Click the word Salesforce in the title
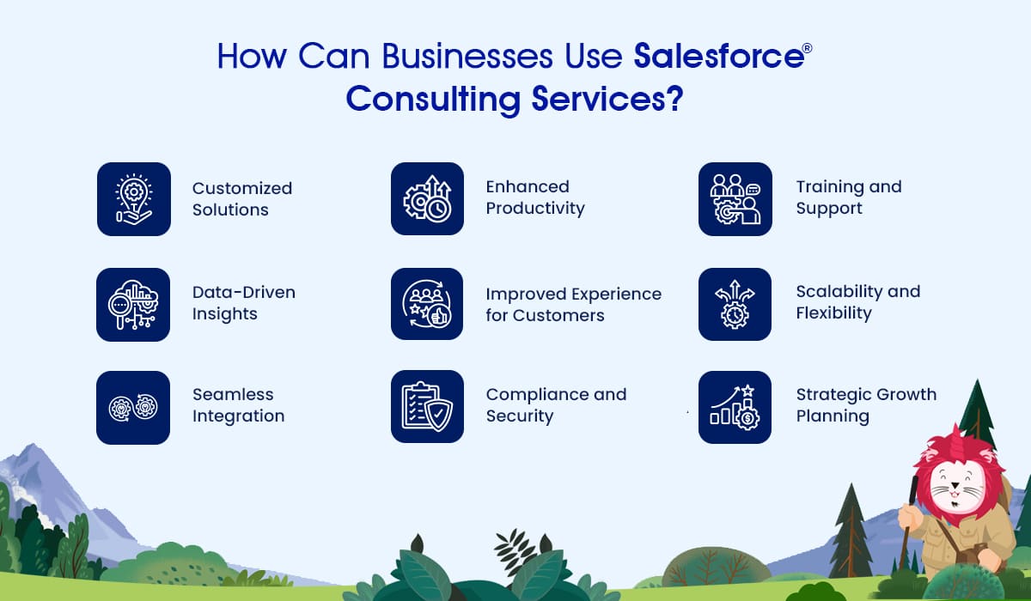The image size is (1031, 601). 719,56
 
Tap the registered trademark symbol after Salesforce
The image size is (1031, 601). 808,48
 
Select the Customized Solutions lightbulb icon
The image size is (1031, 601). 134,199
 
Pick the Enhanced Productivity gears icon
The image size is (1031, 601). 428,198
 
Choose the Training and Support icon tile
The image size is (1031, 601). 735,199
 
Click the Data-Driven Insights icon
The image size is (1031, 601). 133,305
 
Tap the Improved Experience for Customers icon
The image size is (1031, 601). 427,304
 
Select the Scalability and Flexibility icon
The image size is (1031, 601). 735,305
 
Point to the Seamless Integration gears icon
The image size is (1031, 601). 133,408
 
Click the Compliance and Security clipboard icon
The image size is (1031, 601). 428,406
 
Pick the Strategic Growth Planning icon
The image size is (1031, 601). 735,408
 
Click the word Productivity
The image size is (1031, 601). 535,209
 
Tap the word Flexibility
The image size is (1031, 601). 834,313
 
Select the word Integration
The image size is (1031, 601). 239,416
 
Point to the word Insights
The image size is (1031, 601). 224,314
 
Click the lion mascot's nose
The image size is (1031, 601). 955,484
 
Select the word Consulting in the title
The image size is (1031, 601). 434,100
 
